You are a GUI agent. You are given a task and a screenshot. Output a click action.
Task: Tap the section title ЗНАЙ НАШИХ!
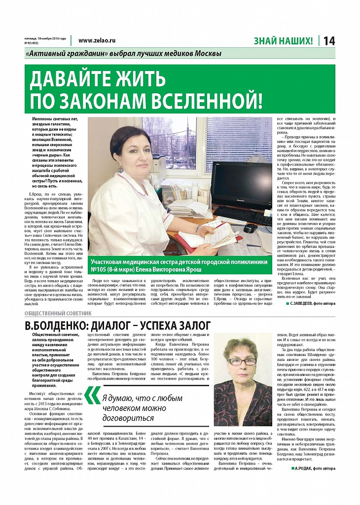pos(283,41)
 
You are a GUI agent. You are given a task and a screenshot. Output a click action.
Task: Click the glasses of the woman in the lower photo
pos(244,361)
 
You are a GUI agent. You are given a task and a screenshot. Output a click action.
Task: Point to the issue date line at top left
pos(45,40)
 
